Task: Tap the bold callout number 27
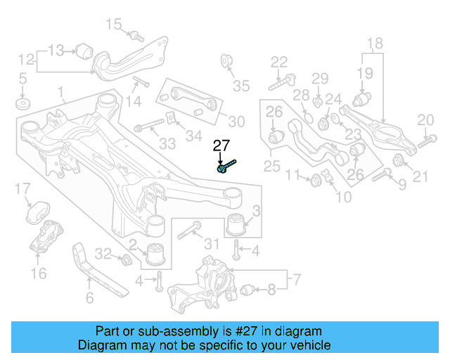tap(221, 146)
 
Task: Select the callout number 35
tap(241, 86)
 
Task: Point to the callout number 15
tap(113, 25)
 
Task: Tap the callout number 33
tap(167, 144)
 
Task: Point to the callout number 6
tap(89, 298)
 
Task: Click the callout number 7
tap(296, 281)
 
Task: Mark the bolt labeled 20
tap(427, 142)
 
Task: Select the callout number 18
tap(375, 43)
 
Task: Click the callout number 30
tap(236, 122)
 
